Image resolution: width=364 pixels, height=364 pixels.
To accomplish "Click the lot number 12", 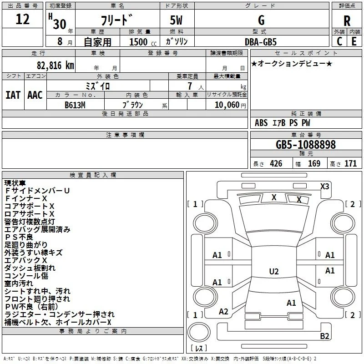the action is pyautogui.click(x=22, y=19).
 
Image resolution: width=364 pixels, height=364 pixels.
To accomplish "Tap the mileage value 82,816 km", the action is pyautogui.click(x=55, y=66).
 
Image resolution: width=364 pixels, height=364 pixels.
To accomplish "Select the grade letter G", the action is pyautogui.click(x=261, y=20).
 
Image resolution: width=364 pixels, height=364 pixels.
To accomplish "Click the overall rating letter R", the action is pyautogui.click(x=347, y=21).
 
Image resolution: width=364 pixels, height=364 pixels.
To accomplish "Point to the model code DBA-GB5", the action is pyautogui.click(x=261, y=42).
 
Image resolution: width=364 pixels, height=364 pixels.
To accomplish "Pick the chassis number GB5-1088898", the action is pyautogui.click(x=306, y=144).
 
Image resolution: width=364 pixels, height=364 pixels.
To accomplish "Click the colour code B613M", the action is pyautogui.click(x=75, y=105).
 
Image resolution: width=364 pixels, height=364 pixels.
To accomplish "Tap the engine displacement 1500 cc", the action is pyautogui.click(x=143, y=42).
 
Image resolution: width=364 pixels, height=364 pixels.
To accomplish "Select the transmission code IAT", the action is pyautogui.click(x=13, y=95).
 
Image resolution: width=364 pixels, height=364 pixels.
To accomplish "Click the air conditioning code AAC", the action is pyautogui.click(x=35, y=95).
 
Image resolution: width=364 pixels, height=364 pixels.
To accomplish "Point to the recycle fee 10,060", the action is pyautogui.click(x=227, y=105).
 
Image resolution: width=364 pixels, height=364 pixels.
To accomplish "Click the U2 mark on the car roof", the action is pyautogui.click(x=274, y=271).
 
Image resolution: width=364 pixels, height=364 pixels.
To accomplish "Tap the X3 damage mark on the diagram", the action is pyautogui.click(x=324, y=186).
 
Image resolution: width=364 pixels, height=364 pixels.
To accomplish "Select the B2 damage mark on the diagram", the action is pyautogui.click(x=324, y=336).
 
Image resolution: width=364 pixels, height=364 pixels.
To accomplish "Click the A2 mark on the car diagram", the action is pyautogui.click(x=223, y=312).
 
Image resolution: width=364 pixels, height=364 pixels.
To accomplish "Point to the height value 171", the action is pyautogui.click(x=350, y=163).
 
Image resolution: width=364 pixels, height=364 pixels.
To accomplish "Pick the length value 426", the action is pyautogui.click(x=276, y=163).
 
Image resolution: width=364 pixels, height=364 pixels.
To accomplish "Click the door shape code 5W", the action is pyautogui.click(x=176, y=20).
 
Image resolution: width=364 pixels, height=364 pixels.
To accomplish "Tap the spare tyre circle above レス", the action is pyautogui.click(x=199, y=332).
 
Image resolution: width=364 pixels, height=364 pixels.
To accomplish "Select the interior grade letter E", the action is pyautogui.click(x=354, y=41).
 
